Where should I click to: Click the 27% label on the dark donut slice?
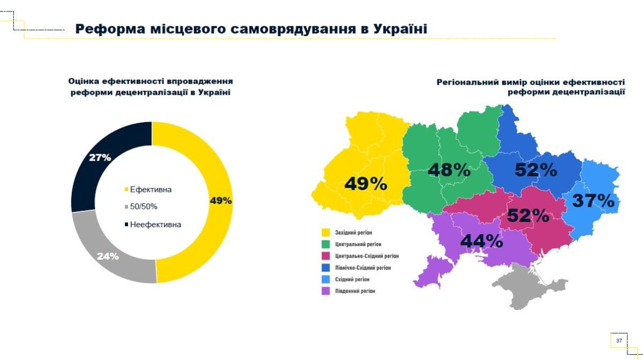click(x=100, y=157)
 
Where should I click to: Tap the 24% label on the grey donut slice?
click(x=108, y=256)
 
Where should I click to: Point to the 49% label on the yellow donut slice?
click(x=221, y=200)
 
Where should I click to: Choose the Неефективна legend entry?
click(x=155, y=224)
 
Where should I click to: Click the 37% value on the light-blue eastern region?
click(x=593, y=201)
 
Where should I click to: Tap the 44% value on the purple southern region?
click(x=481, y=241)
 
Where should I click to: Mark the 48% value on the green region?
click(x=449, y=170)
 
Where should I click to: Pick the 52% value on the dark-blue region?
click(x=536, y=170)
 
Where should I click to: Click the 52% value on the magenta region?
click(x=528, y=215)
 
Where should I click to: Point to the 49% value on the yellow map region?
click(x=365, y=184)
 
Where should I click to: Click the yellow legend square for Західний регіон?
click(x=325, y=232)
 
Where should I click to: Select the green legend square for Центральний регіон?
click(x=325, y=244)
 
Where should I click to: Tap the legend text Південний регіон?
click(x=355, y=291)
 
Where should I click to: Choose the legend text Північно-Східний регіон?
click(x=363, y=267)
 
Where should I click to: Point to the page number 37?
click(x=619, y=341)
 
